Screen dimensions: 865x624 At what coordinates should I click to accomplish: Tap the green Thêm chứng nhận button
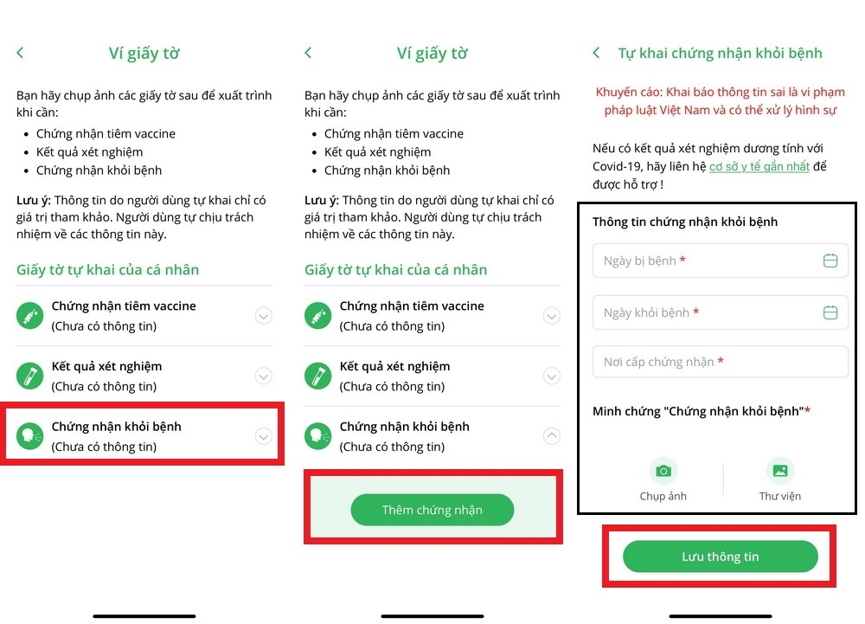click(432, 510)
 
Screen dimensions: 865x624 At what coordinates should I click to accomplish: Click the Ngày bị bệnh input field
click(720, 261)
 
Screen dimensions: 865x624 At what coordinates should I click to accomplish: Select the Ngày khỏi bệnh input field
click(720, 312)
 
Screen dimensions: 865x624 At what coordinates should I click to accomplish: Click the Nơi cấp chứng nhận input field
click(720, 362)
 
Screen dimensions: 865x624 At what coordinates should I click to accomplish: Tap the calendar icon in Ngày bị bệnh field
click(830, 261)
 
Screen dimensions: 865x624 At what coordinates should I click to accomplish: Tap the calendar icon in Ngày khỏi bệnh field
click(830, 312)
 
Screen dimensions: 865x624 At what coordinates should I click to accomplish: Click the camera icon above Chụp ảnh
click(663, 471)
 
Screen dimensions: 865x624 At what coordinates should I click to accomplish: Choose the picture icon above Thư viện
click(780, 471)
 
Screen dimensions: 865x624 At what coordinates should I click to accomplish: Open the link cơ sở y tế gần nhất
click(759, 166)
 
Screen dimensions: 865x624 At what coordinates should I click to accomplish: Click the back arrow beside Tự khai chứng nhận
click(596, 53)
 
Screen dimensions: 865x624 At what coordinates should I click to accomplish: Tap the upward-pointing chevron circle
click(552, 436)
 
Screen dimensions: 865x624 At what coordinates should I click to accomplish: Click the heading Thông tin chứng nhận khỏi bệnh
click(684, 222)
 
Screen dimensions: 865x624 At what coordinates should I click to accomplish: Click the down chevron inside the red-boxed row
click(264, 436)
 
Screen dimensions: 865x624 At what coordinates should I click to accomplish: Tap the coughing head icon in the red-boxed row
click(29, 436)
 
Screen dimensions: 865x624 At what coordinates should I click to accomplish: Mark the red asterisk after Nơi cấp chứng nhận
click(720, 361)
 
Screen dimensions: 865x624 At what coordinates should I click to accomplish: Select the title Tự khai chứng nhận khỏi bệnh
click(720, 53)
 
